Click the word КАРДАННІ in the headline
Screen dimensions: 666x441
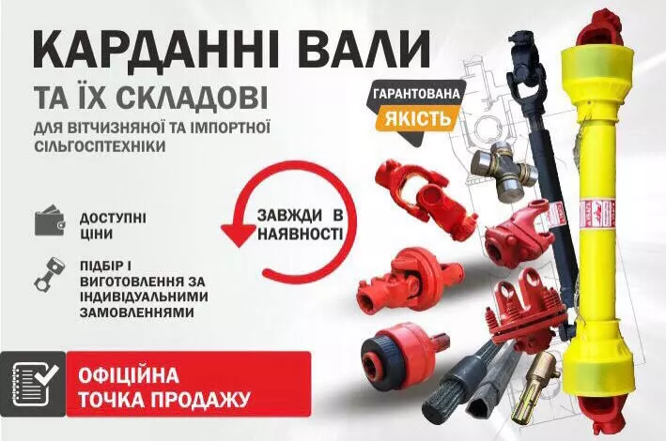pyautogui.click(x=156, y=50)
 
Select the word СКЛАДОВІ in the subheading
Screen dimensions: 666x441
pyautogui.click(x=192, y=98)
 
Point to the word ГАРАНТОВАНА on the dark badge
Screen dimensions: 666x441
pyautogui.click(x=416, y=93)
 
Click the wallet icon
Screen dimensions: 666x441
pyautogui.click(x=50, y=220)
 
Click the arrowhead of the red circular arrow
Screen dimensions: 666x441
pyautogui.click(x=240, y=235)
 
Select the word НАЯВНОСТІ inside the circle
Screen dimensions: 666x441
pyautogui.click(x=301, y=234)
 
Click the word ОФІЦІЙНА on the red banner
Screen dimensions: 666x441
pyautogui.click(x=129, y=375)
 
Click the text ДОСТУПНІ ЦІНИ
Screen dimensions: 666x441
pyautogui.click(x=113, y=226)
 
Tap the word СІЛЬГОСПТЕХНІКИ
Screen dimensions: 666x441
pyautogui.click(x=100, y=146)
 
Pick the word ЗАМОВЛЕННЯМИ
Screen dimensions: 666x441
pyautogui.click(x=137, y=312)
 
